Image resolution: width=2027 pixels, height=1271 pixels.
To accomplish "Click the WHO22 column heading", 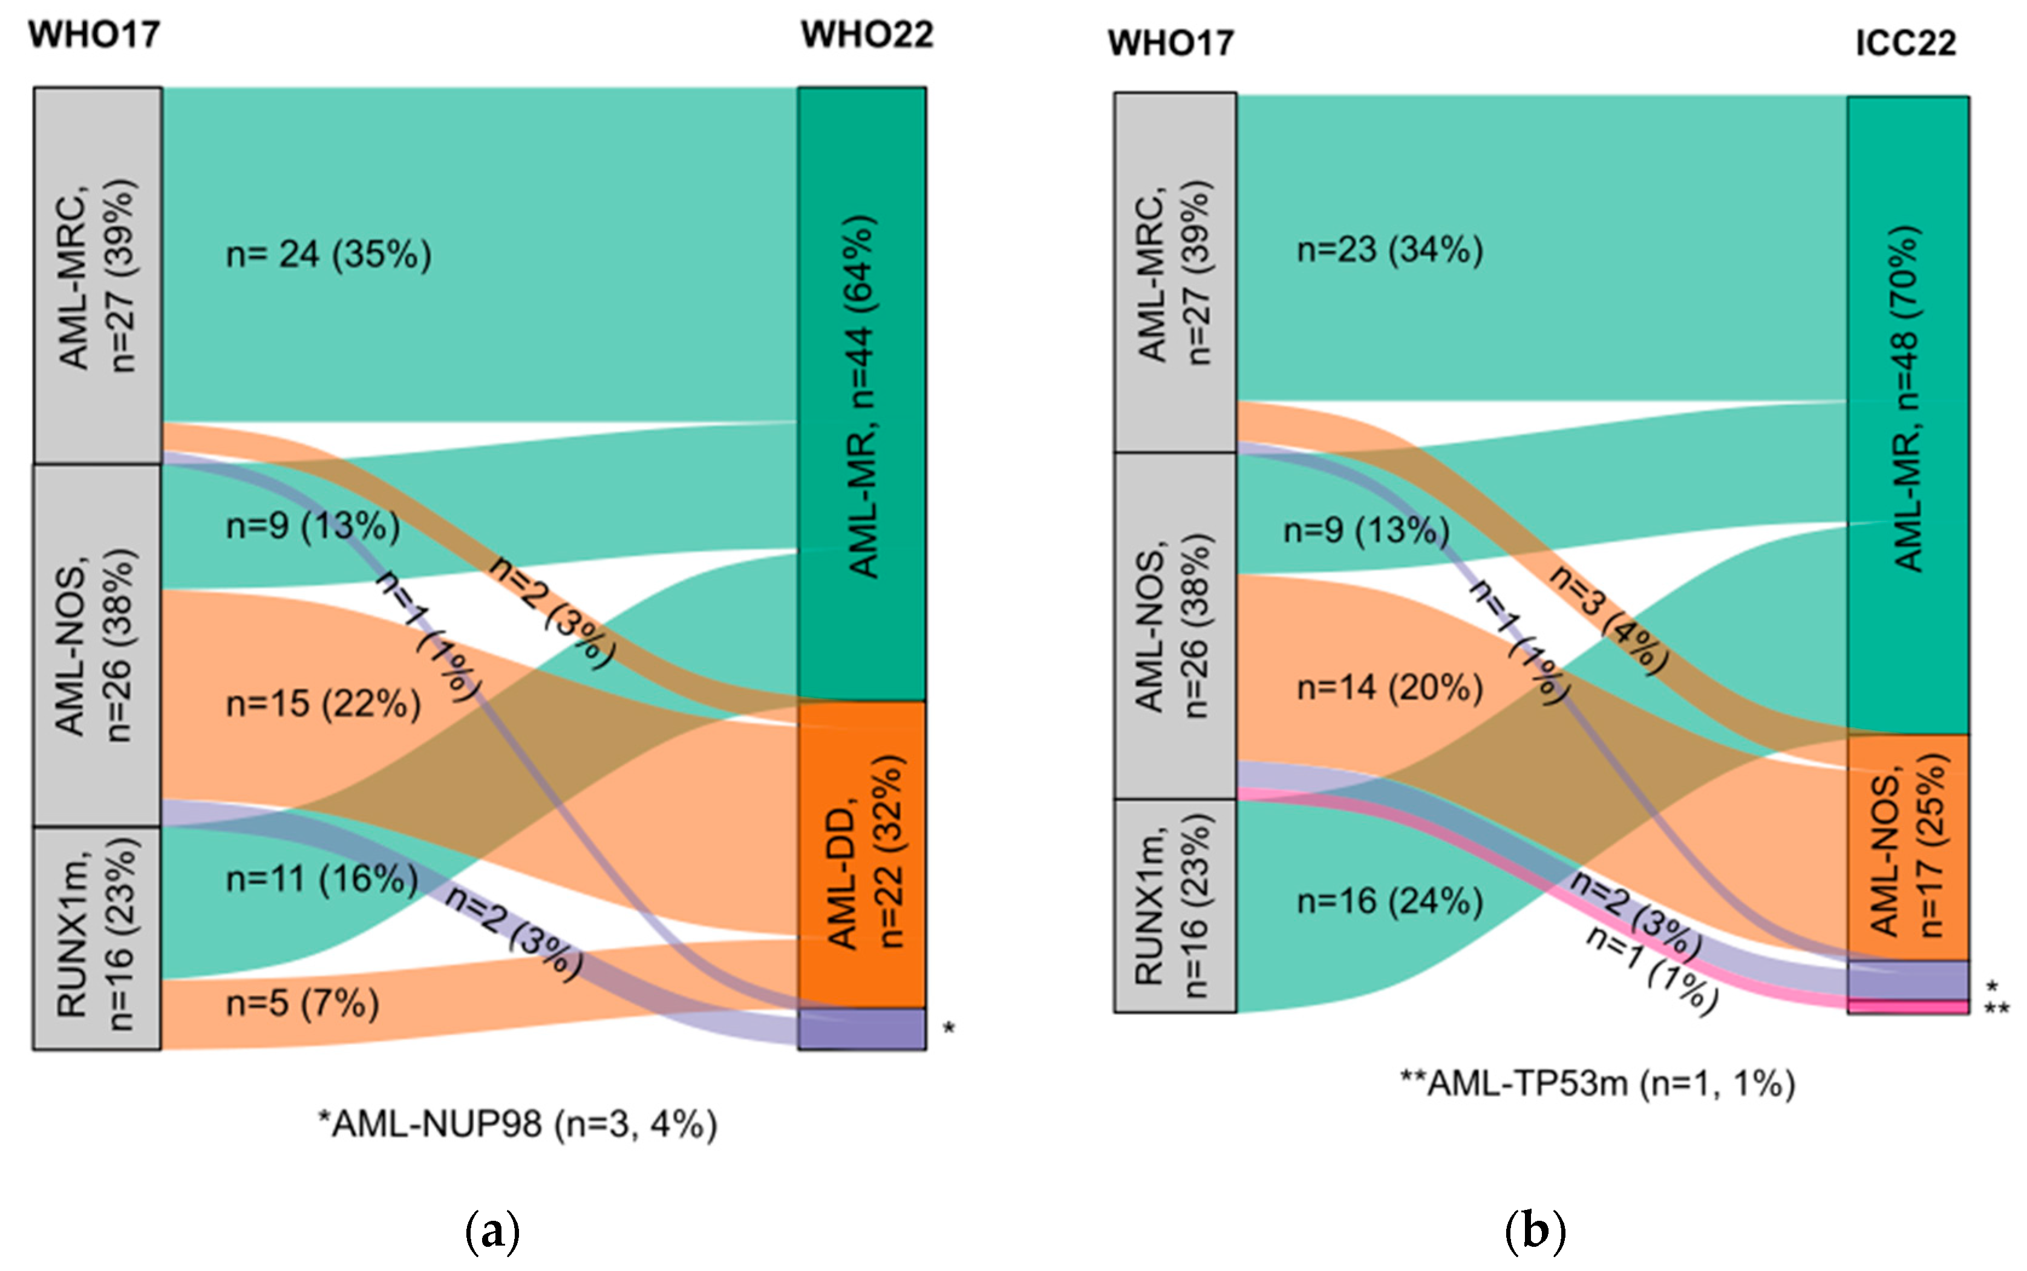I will coord(867,35).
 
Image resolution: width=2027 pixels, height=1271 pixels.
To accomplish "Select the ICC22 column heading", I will coord(1905,43).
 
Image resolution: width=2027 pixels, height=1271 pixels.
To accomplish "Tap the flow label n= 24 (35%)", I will coord(328,254).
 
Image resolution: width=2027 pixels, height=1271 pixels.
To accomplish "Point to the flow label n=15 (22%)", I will coord(324,704).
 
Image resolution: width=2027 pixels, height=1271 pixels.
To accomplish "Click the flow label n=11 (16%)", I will coord(322,879).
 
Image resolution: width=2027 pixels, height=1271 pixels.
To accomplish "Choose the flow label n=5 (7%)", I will coord(302,1003).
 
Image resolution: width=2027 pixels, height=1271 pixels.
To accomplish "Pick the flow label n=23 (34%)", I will coord(1389,250).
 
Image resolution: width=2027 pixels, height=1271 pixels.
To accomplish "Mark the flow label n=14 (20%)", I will coord(1389,688).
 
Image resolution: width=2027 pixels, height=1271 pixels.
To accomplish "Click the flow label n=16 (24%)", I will coord(1389,901).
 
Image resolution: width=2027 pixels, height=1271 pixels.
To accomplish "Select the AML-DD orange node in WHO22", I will coord(862,853).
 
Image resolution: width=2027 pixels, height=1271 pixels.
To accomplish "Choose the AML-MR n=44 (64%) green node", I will coord(862,394).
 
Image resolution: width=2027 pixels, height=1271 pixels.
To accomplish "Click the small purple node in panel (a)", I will coord(862,1029).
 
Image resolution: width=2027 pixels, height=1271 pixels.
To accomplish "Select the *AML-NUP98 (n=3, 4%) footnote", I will coord(517,1124).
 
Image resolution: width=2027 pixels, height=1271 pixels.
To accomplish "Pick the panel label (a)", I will coord(492,1232).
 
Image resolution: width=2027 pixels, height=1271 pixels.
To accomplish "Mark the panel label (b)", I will coord(1535,1232).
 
